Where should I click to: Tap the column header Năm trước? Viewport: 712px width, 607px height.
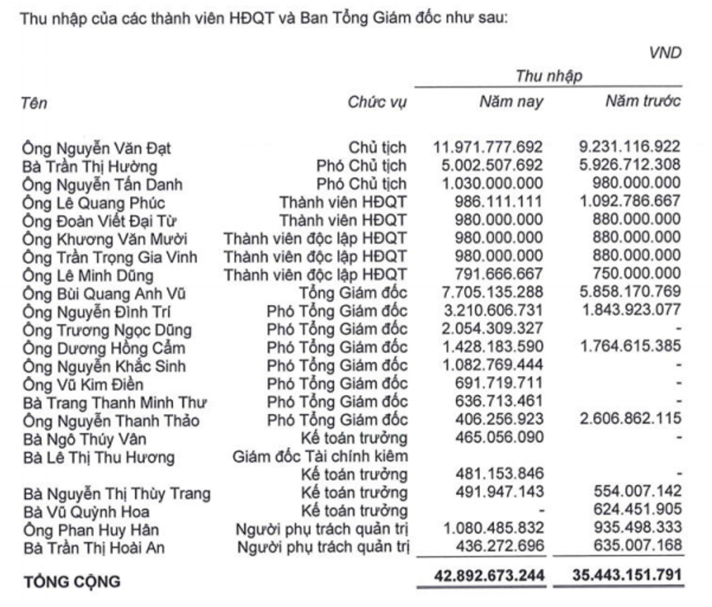point(642,102)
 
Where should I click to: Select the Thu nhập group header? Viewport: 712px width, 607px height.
point(549,76)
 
